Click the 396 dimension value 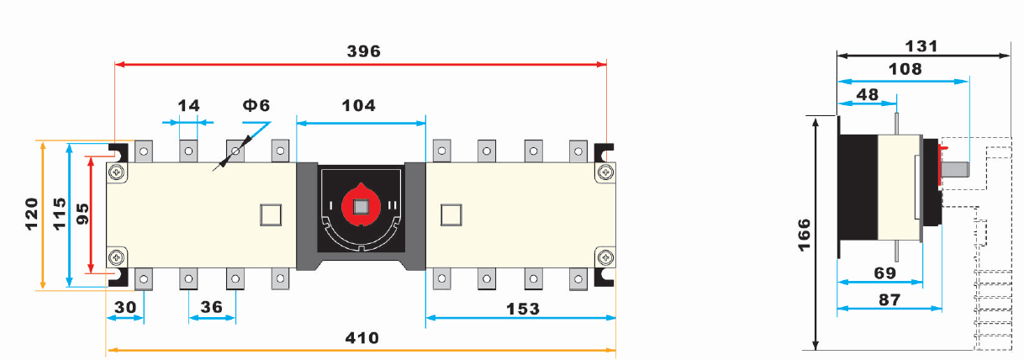click(363, 51)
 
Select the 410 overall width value click(362, 338)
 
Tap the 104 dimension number click(359, 106)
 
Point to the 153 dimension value click(523, 310)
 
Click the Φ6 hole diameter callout click(256, 106)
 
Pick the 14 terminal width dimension click(189, 106)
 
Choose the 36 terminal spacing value click(212, 307)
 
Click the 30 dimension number click(125, 307)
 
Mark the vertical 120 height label click(31, 214)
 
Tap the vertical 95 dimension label click(82, 214)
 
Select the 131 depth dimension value click(921, 46)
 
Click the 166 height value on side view click(804, 236)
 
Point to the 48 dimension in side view click(867, 95)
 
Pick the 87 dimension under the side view click(889, 300)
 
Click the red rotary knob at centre click(362, 205)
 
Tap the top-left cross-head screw click(117, 172)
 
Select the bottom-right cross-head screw click(605, 258)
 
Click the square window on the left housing click(271, 215)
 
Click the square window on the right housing click(451, 215)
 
